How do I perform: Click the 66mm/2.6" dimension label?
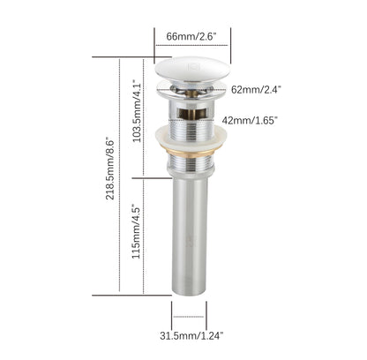click(192, 37)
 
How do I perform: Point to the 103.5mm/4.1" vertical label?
click(135, 111)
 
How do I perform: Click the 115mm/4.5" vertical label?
click(135, 232)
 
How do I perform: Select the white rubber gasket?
click(191, 139)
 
